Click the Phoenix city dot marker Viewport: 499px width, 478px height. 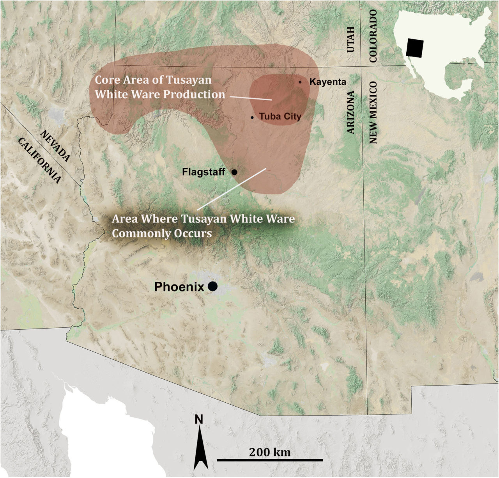[x=212, y=286]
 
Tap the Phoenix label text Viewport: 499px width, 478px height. [x=179, y=287]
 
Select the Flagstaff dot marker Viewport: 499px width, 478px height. [x=234, y=172]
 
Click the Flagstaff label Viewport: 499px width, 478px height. [x=203, y=172]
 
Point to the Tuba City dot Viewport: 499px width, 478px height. [x=252, y=117]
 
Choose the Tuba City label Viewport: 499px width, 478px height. [x=280, y=117]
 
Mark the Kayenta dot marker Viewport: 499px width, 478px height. [x=300, y=82]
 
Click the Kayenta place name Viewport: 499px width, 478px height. [x=327, y=82]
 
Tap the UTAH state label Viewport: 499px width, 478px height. [x=351, y=40]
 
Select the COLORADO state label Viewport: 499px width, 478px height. [x=373, y=36]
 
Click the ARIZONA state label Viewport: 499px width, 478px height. [x=351, y=112]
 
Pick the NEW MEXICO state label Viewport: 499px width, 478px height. [x=373, y=113]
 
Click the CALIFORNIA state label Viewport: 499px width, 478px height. [x=39, y=160]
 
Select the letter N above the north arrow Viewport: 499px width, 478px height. [x=199, y=419]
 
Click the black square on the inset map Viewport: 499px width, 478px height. [x=414, y=48]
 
